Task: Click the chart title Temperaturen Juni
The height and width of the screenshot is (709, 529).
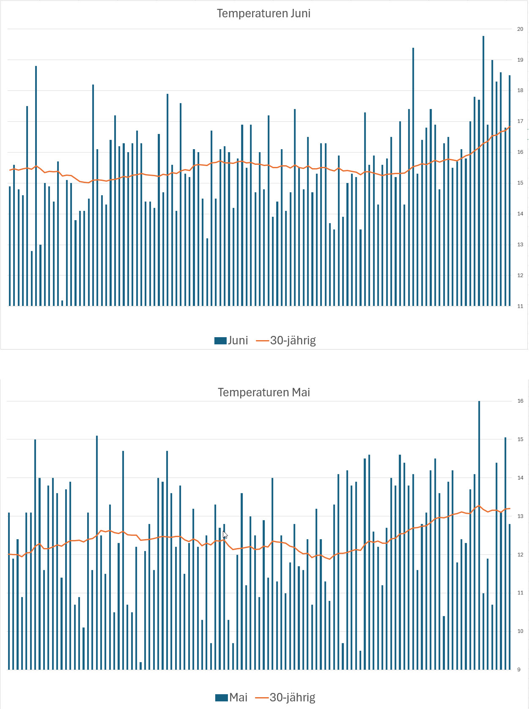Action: [263, 14]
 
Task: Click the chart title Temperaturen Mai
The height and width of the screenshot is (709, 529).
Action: [264, 393]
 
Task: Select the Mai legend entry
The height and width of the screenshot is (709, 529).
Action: [231, 698]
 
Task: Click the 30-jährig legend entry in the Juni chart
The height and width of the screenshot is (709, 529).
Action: [286, 341]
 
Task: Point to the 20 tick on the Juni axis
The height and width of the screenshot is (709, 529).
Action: [520, 29]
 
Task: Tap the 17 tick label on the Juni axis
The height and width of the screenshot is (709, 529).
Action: [520, 121]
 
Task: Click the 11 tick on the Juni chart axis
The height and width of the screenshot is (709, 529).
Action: [520, 306]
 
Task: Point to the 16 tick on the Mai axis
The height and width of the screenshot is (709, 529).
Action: [520, 401]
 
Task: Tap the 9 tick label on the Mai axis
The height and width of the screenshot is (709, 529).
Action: [519, 670]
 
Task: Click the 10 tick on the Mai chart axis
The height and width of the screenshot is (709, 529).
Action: [520, 631]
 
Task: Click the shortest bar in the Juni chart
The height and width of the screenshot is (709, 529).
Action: [62, 303]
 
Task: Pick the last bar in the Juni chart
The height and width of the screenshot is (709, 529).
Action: [510, 190]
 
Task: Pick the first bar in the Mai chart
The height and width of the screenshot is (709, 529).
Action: [9, 592]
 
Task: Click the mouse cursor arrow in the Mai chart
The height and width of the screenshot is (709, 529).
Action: [225, 534]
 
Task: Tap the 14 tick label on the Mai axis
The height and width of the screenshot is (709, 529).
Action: [520, 478]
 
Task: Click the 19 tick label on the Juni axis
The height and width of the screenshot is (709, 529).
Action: [520, 60]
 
